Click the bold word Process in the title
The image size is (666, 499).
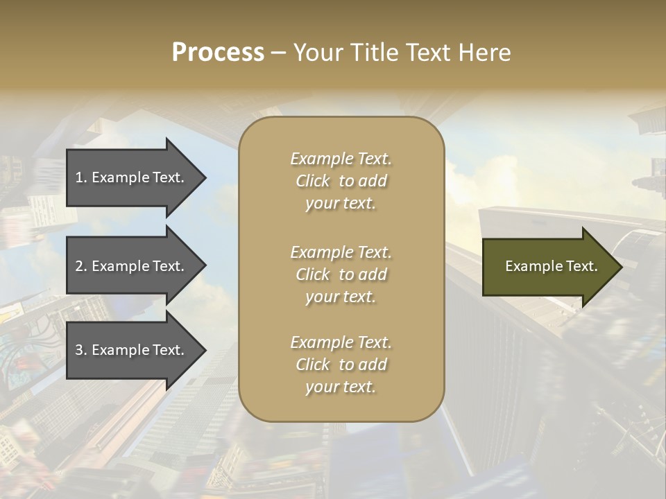pos(218,53)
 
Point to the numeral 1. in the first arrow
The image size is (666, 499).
pos(81,177)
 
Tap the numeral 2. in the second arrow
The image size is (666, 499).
pos(81,266)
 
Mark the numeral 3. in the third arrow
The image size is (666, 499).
pos(81,350)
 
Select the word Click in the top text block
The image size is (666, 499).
pos(313,181)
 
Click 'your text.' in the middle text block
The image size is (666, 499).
pos(341,297)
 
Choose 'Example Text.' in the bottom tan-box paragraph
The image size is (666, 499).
pos(341,342)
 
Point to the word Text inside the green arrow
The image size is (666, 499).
pos(581,266)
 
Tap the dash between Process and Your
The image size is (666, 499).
pos(278,53)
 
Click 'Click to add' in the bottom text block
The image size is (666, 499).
pos(341,365)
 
